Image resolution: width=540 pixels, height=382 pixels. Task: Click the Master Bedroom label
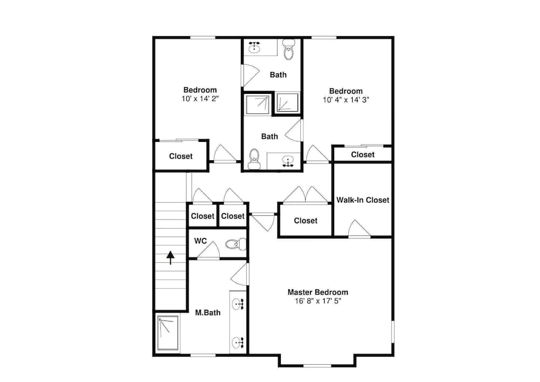point(318,292)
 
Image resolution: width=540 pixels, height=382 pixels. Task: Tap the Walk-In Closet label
point(363,200)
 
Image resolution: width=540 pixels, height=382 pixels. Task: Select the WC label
point(200,241)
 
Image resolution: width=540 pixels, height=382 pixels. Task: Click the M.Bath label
point(208,313)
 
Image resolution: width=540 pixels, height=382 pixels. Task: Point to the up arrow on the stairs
point(171,258)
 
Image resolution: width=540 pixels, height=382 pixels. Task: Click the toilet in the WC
point(236,244)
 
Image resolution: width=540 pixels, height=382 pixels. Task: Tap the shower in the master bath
point(168,333)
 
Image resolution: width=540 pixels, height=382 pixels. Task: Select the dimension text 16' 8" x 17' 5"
point(318,301)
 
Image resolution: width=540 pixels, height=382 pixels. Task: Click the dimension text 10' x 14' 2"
point(200,99)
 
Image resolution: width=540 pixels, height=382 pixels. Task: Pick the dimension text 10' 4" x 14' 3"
point(346,100)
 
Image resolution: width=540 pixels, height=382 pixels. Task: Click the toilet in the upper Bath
point(288,49)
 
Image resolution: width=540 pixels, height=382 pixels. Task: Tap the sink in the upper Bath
point(254,47)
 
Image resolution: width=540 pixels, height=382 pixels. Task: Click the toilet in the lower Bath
point(254,159)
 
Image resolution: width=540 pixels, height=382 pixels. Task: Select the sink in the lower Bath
point(288,161)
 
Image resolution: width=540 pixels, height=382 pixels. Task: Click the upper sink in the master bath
point(238,304)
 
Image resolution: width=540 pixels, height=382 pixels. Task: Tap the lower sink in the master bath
point(238,343)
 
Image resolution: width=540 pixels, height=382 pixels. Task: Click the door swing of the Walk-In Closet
point(360,228)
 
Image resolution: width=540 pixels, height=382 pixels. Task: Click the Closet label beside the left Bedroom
point(181,156)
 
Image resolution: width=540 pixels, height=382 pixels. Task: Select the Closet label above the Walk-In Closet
point(363,154)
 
